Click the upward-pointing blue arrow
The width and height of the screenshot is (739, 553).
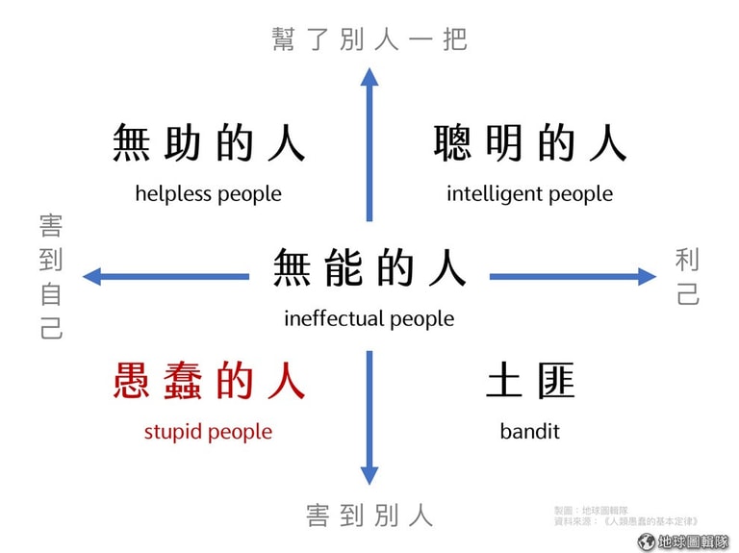click(369, 144)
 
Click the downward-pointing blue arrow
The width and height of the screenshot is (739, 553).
click(369, 417)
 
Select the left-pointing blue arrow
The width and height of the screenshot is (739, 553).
click(166, 277)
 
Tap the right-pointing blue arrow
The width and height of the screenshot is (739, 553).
click(573, 277)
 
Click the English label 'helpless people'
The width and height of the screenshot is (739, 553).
click(208, 194)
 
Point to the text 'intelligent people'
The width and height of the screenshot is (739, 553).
click(530, 194)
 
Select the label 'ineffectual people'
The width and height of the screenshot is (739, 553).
click(369, 319)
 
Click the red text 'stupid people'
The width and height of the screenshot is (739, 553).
click(208, 432)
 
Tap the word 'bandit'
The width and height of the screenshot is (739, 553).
click(530, 432)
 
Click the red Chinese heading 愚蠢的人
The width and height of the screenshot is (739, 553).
click(209, 381)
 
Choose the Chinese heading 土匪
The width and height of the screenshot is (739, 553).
click(530, 381)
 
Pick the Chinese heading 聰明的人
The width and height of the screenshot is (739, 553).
click(530, 142)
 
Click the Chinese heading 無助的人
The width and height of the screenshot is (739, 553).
click(209, 142)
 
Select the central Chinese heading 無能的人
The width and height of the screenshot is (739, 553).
click(369, 267)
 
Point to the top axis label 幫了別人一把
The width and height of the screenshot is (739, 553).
click(369, 38)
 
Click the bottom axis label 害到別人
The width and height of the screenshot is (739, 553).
click(369, 515)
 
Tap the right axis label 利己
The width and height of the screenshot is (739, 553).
click(687, 277)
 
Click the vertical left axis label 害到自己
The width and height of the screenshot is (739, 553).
click(51, 277)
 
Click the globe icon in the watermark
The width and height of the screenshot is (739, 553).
click(647, 541)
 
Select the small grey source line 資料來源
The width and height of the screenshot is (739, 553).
click(625, 521)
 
